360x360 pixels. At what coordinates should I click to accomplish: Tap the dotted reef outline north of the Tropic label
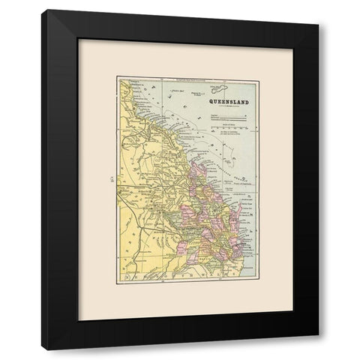coord(225,142)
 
